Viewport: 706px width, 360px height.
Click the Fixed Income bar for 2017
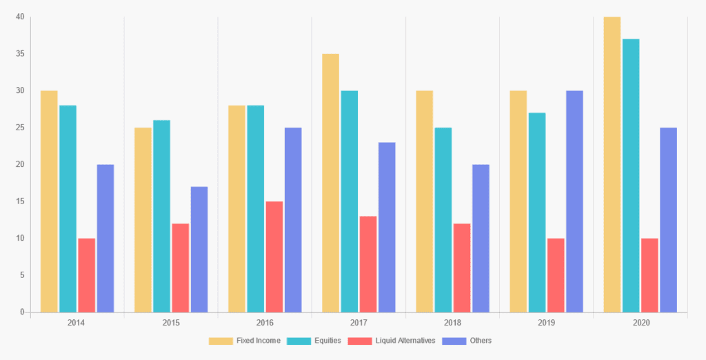tap(330, 183)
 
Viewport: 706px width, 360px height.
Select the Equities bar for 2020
tap(631, 176)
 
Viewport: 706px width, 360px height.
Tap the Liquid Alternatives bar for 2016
tap(274, 257)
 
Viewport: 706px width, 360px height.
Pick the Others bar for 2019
tap(574, 201)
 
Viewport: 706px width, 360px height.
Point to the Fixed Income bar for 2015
tap(143, 220)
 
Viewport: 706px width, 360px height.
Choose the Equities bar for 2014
tap(68, 209)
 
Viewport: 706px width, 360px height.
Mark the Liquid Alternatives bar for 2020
tap(649, 275)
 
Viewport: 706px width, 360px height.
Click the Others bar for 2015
tap(199, 250)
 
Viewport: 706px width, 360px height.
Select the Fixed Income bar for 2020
tap(612, 165)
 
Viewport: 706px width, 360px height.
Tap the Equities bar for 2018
tap(443, 220)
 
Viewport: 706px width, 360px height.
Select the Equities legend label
tap(327, 341)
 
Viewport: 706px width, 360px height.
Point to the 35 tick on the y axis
tap(20, 54)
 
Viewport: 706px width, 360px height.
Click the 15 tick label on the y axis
tap(20, 201)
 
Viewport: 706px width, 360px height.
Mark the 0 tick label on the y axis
tap(22, 312)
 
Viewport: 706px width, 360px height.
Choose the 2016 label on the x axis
tap(265, 323)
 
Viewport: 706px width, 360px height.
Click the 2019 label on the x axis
tap(546, 323)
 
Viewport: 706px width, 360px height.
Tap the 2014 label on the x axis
tap(77, 323)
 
